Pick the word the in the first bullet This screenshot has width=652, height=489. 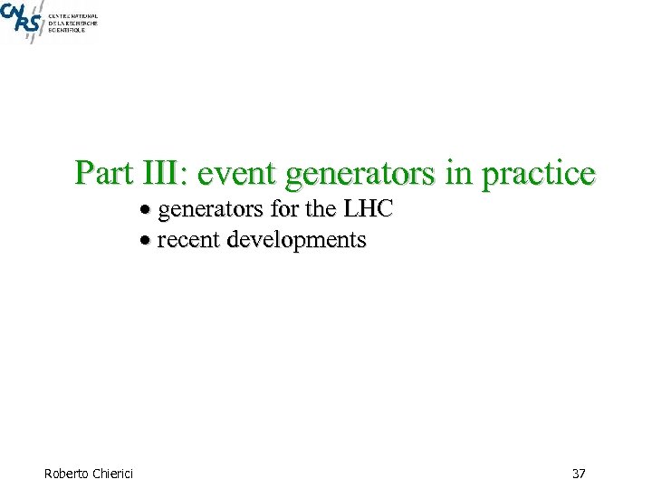[x=320, y=210]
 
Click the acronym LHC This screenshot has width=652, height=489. [x=368, y=210]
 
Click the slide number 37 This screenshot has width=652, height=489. [x=580, y=473]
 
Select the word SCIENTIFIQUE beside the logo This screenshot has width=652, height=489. [x=67, y=30]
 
